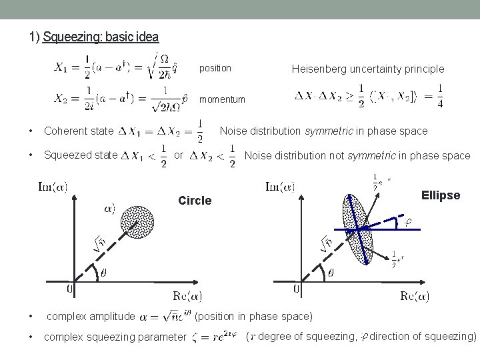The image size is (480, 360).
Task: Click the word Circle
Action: point(195,201)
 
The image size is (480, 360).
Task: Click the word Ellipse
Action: point(441,195)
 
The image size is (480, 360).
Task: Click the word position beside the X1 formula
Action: point(215,68)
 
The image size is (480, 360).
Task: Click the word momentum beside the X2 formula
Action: point(222,99)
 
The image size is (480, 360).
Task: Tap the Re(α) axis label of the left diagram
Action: point(187,296)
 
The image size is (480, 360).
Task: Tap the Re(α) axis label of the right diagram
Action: point(414,296)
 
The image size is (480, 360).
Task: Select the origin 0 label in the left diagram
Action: point(69,289)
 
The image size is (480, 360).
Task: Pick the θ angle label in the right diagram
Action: point(331,273)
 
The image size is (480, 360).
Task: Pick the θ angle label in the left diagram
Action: point(103,273)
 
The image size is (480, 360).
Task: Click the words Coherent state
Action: point(79,131)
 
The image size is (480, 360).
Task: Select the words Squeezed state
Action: point(81,156)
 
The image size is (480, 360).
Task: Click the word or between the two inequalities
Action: point(178,155)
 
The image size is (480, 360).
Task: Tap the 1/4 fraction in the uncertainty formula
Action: point(439,95)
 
